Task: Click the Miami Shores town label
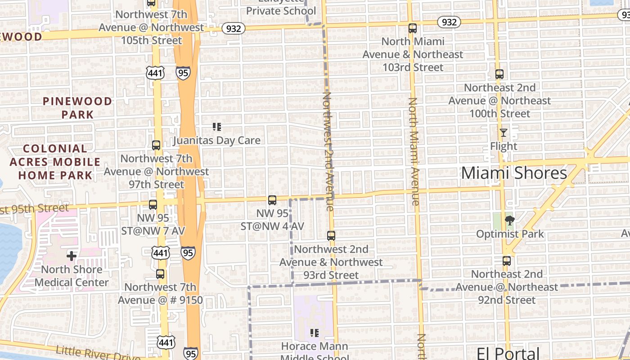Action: [514, 173]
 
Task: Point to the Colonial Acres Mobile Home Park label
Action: [55, 162]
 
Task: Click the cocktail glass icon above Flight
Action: [504, 133]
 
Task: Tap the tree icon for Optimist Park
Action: [510, 220]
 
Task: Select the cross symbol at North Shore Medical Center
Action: [72, 256]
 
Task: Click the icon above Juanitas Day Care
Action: [217, 127]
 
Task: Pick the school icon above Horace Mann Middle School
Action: [315, 333]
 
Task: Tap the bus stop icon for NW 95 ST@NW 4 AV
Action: [272, 200]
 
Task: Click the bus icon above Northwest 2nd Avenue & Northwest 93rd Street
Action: [331, 236]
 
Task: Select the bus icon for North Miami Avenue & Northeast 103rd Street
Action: [413, 28]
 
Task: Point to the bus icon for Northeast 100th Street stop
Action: [499, 74]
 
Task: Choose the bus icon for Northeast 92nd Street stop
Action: [507, 261]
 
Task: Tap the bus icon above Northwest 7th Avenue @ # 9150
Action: [160, 274]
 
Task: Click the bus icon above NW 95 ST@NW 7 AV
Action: [153, 205]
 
